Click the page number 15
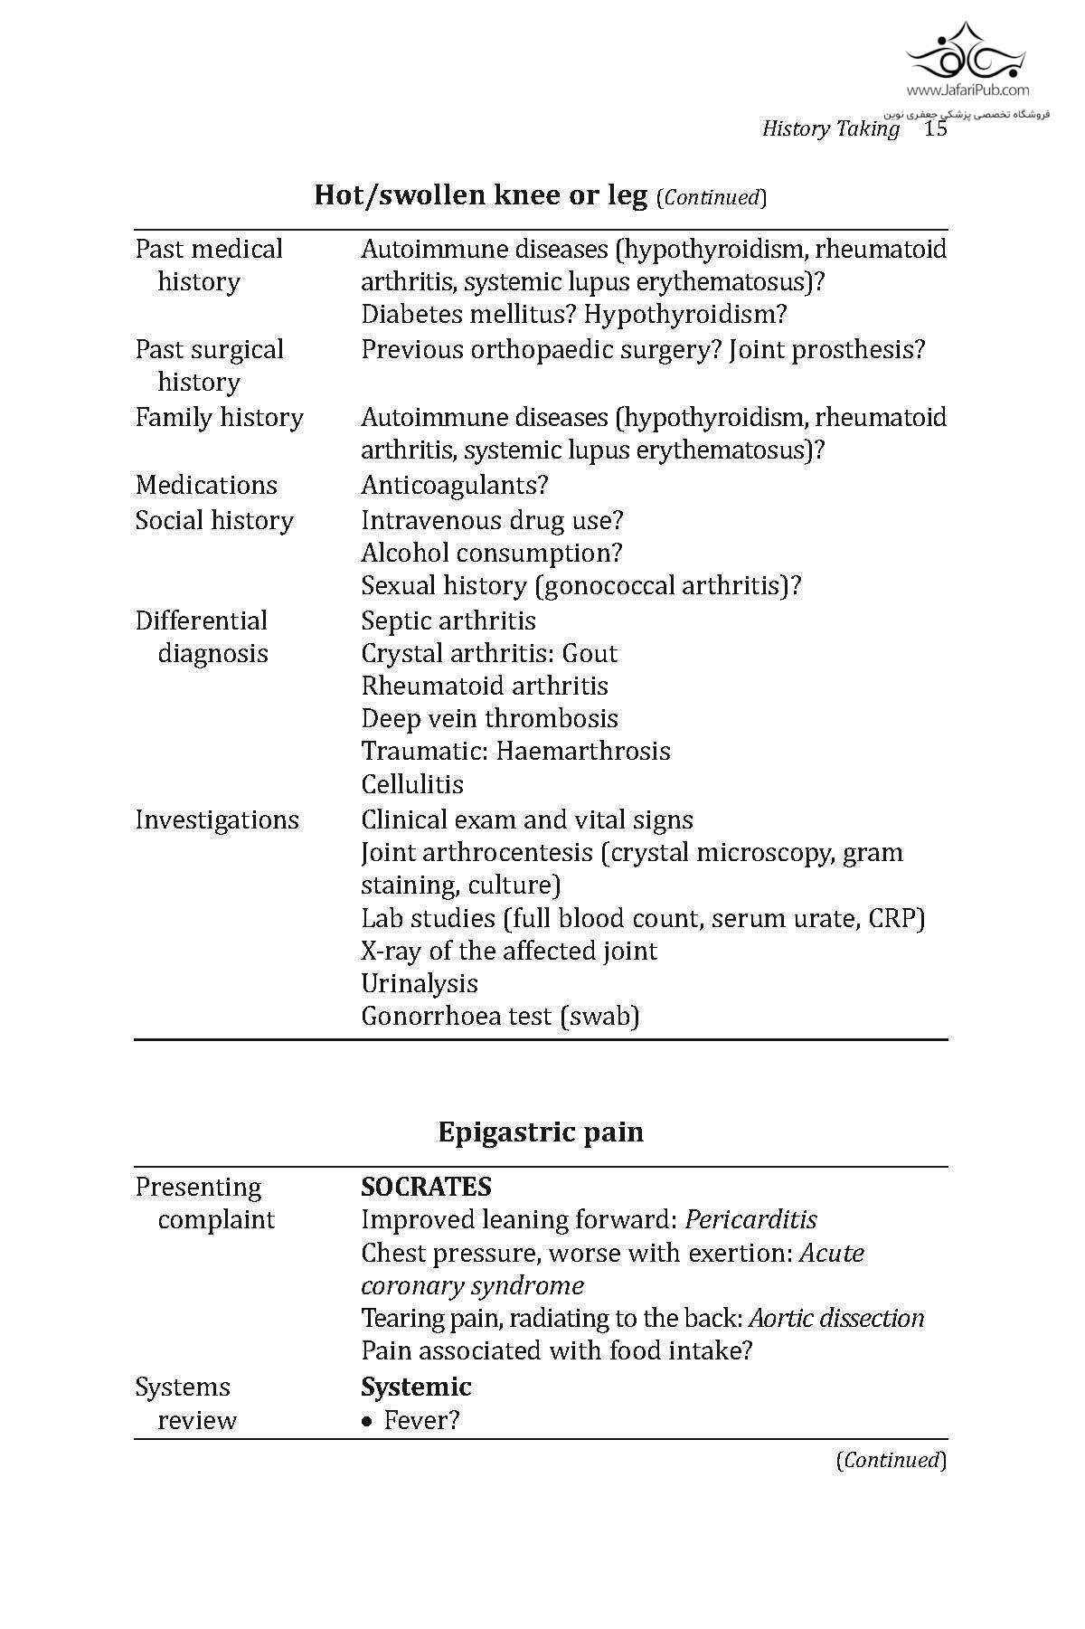[936, 128]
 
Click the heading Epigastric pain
[541, 1132]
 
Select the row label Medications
[206, 485]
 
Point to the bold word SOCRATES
[426, 1187]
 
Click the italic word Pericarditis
[750, 1219]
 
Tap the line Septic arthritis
[448, 620]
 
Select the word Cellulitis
[412, 784]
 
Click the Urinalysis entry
[420, 983]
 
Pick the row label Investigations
[217, 819]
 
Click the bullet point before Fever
[367, 1421]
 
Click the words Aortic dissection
[836, 1318]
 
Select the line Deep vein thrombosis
[489, 718]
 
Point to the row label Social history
[214, 520]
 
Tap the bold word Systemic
[416, 1387]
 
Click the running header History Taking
[830, 128]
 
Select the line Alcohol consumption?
[492, 553]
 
